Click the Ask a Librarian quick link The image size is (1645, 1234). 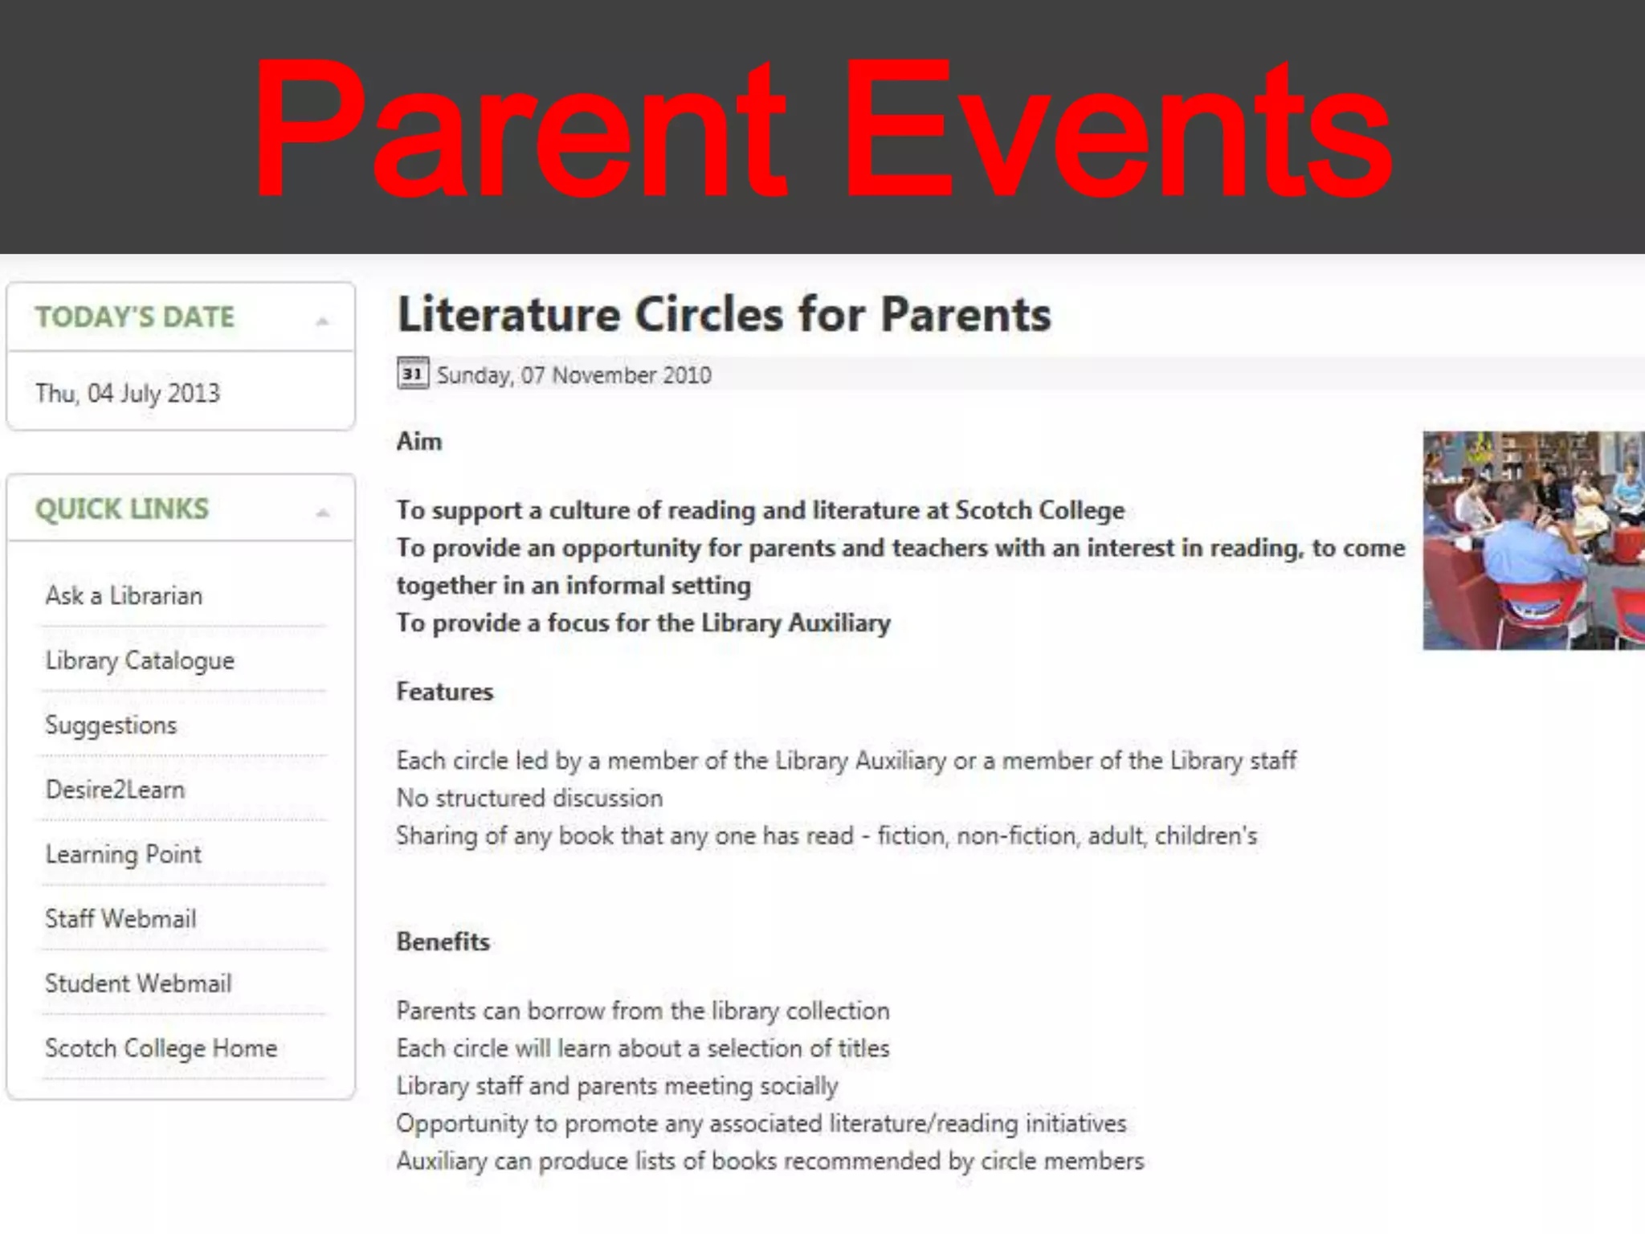pyautogui.click(x=124, y=596)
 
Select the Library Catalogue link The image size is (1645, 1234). pyautogui.click(x=140, y=660)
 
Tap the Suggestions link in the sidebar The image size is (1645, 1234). pyautogui.click(x=111, y=725)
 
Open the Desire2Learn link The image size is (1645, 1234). pyautogui.click(x=115, y=790)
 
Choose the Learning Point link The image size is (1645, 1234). pyautogui.click(x=123, y=854)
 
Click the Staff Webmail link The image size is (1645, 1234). pyautogui.click(x=120, y=919)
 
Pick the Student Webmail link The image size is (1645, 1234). pyautogui.click(x=138, y=983)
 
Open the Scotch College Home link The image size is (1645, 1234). pyautogui.click(x=161, y=1048)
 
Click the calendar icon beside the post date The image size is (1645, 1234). pyautogui.click(x=413, y=374)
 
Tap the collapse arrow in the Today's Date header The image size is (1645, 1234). pyautogui.click(x=322, y=321)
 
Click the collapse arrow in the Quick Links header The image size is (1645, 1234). pyautogui.click(x=322, y=513)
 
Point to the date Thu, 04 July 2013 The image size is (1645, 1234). pyautogui.click(x=127, y=393)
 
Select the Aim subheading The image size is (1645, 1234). pyautogui.click(x=418, y=441)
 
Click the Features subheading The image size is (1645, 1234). pyautogui.click(x=444, y=692)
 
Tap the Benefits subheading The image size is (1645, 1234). pyautogui.click(x=443, y=942)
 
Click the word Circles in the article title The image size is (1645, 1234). pyautogui.click(x=708, y=314)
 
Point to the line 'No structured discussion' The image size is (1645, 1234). pyautogui.click(x=529, y=798)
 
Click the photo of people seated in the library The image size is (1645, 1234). pyautogui.click(x=1533, y=540)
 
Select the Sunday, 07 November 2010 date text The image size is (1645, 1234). pyautogui.click(x=574, y=375)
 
